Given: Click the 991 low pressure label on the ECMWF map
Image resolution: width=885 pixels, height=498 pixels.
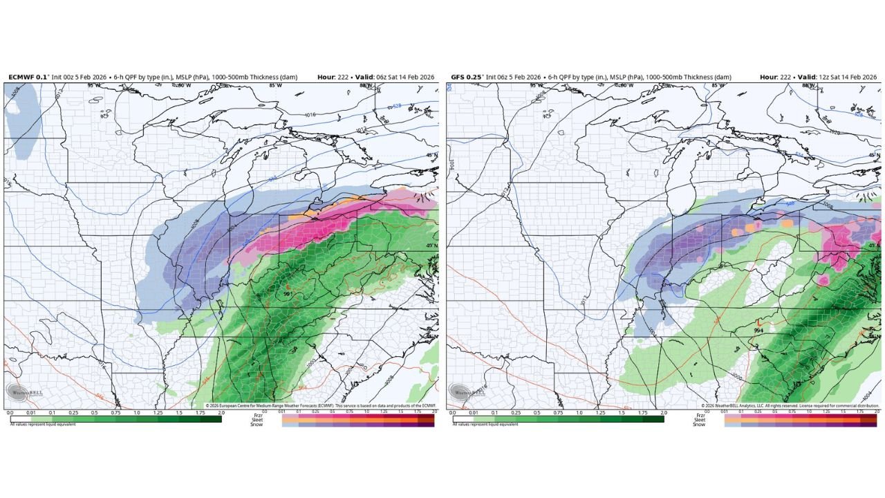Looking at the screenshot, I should click(286, 295).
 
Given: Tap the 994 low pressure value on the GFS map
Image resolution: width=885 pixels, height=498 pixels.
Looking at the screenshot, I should click(758, 331).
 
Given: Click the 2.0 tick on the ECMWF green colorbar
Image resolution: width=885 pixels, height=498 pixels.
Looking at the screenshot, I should click(221, 412).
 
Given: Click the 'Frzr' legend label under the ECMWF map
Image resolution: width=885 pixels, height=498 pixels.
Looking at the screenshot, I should click(258, 415).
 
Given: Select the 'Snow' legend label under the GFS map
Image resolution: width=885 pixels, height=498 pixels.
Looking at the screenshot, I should click(700, 424).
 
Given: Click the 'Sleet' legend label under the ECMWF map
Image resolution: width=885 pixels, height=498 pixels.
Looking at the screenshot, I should click(258, 420).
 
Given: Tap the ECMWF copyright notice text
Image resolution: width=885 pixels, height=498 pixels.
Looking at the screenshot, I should click(321, 405).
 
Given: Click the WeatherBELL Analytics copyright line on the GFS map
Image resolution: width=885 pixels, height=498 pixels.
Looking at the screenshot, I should click(789, 405).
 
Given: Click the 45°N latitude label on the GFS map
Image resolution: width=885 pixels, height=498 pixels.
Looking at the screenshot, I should click(874, 155).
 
